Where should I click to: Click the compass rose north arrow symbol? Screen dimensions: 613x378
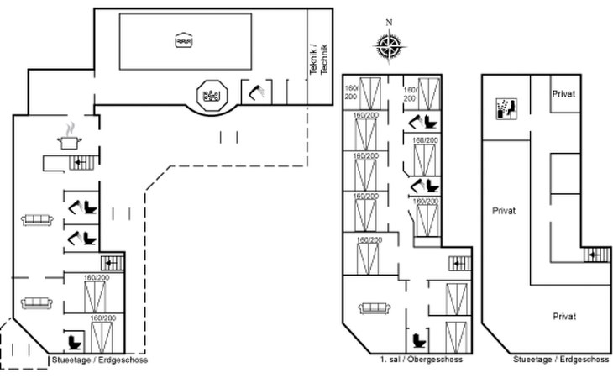[x=389, y=47]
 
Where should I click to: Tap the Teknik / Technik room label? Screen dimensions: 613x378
[x=318, y=59]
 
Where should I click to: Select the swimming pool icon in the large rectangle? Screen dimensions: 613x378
[x=185, y=39]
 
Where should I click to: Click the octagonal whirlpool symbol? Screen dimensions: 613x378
[x=212, y=95]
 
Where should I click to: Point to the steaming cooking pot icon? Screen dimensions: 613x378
[x=70, y=136]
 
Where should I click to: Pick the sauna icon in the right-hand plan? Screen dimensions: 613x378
[x=506, y=108]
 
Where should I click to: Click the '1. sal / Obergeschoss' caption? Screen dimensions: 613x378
[x=422, y=360]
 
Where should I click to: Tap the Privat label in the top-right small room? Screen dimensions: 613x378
[x=563, y=94]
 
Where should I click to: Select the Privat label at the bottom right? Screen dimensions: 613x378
[x=564, y=316]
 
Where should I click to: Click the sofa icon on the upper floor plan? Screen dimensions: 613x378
[x=375, y=308]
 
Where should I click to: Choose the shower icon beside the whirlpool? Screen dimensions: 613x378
[x=257, y=92]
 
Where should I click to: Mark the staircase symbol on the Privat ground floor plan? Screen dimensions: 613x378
[x=597, y=255]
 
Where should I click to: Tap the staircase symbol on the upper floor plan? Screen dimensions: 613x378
[x=460, y=264]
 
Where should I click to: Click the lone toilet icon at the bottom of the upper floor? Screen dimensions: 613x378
[x=420, y=340]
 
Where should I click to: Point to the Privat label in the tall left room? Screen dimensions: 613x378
[x=504, y=211]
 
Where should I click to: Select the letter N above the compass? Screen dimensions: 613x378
[x=389, y=23]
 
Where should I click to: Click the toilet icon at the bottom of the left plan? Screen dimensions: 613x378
[x=75, y=342]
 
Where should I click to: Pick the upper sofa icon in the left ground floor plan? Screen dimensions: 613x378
[x=37, y=220]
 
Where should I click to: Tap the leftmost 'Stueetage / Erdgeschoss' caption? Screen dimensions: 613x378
[x=100, y=360]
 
